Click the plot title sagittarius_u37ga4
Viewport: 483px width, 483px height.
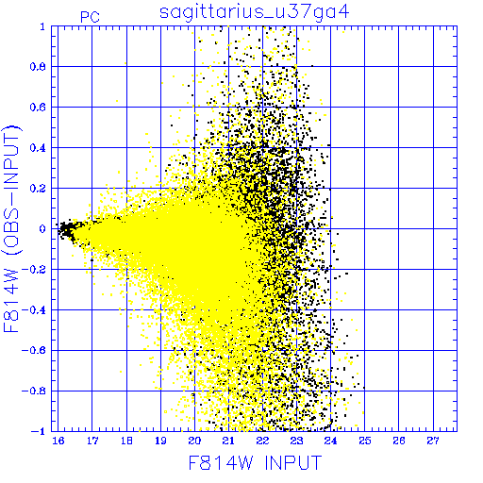[x=254, y=12]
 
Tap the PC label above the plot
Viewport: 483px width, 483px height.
[x=90, y=17]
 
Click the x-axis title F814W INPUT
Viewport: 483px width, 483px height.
[x=255, y=462]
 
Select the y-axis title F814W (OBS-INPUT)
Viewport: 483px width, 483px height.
[x=11, y=228]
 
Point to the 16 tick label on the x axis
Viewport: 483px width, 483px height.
[x=58, y=441]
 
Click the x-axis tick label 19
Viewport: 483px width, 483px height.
[x=160, y=441]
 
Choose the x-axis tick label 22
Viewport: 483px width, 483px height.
[x=262, y=441]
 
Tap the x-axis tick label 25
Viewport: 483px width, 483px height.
[x=365, y=441]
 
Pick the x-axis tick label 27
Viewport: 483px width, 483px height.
[x=433, y=441]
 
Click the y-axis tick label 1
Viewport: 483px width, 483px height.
[x=42, y=26]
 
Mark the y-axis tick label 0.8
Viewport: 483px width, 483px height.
[x=38, y=67]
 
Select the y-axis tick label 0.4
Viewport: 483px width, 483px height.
[x=38, y=148]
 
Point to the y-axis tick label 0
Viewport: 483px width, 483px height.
[x=42, y=228]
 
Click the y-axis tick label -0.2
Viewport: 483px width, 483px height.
[x=34, y=270]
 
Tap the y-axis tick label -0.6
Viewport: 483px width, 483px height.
[x=34, y=350]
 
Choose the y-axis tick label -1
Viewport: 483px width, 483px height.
[x=39, y=431]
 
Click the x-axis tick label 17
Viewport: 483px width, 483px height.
[x=92, y=441]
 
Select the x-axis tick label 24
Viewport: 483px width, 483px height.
[x=331, y=441]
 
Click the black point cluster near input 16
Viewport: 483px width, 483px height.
[x=67, y=230]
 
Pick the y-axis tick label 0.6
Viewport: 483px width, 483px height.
[x=38, y=108]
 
